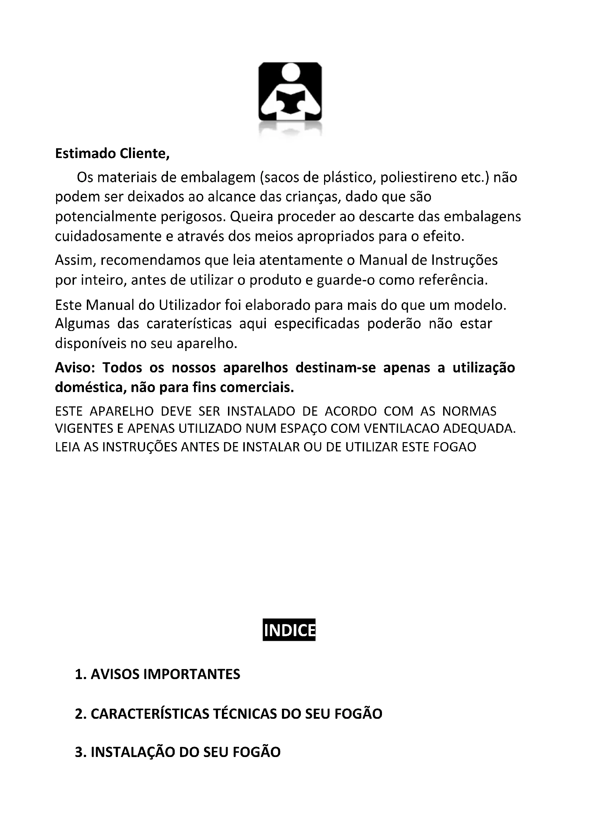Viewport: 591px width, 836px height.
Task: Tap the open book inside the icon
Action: pyautogui.click(x=290, y=102)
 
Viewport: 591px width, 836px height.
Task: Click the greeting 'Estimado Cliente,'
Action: pyautogui.click(x=113, y=154)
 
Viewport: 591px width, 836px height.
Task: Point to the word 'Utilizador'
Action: pyautogui.click(x=190, y=305)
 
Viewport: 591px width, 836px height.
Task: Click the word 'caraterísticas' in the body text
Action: pyautogui.click(x=189, y=324)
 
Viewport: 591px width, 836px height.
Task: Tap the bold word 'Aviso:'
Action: pyautogui.click(x=75, y=368)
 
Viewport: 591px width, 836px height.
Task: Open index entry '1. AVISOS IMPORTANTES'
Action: pyautogui.click(x=158, y=674)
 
